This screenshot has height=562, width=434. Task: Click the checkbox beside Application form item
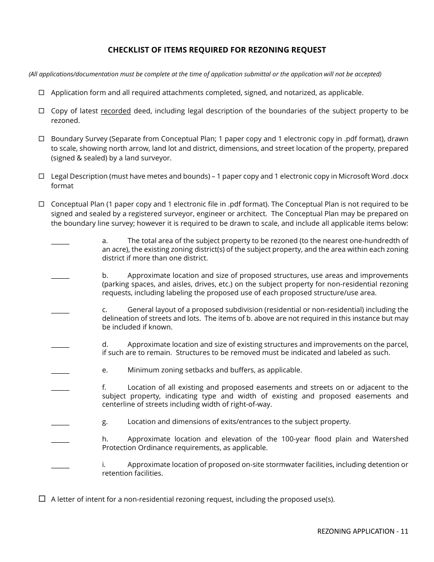[41, 92]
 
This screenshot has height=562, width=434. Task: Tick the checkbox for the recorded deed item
[41, 111]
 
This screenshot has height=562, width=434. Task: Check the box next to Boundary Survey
[41, 138]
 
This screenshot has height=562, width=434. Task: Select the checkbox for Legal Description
[41, 176]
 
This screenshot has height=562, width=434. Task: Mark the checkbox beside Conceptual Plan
[41, 204]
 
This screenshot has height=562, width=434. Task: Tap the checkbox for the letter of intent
[42, 499]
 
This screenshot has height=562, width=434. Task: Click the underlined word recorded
[116, 111]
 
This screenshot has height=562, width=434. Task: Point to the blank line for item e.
[60, 372]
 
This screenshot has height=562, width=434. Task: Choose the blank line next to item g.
[60, 424]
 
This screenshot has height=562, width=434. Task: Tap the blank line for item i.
[60, 467]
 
